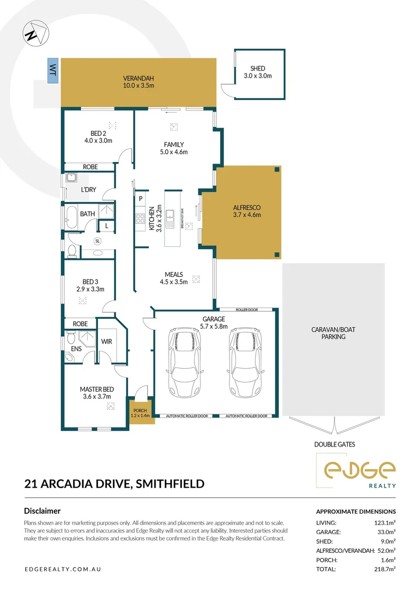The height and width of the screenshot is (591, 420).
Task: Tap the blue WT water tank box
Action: click(53, 71)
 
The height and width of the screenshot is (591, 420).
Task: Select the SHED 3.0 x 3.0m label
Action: click(257, 72)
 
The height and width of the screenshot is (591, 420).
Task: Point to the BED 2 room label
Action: click(98, 137)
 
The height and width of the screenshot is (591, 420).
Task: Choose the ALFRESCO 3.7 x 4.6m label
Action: click(247, 211)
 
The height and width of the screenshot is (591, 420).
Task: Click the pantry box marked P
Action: click(141, 199)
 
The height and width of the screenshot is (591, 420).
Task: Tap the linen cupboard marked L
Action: click(106, 225)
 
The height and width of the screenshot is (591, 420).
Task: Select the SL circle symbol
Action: click(98, 241)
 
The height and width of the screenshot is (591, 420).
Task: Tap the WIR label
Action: click(107, 341)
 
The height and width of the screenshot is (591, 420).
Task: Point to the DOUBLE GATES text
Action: click(335, 444)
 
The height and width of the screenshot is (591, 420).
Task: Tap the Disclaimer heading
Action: click(42, 511)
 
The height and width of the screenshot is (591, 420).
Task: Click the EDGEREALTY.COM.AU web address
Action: click(63, 569)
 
